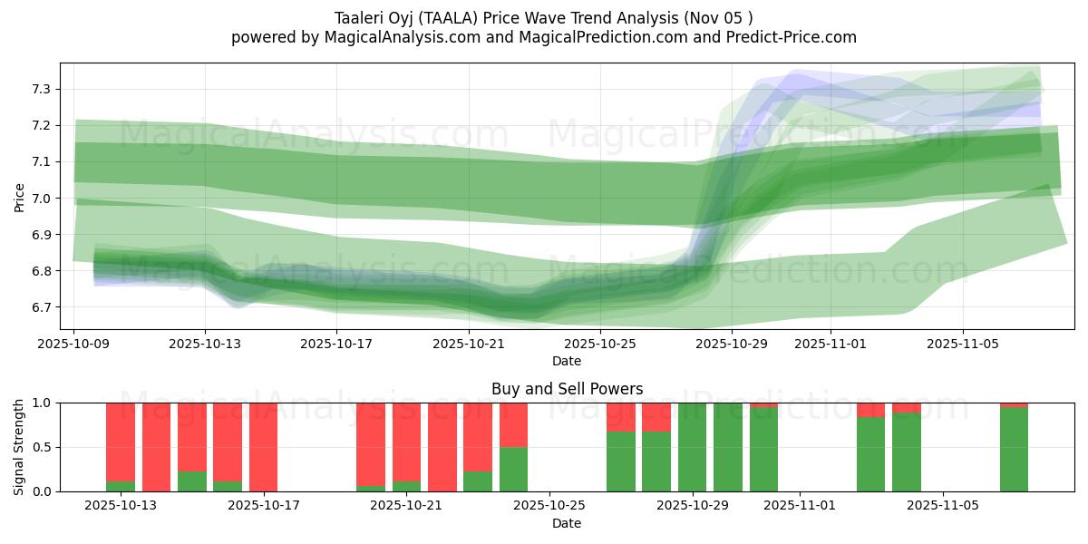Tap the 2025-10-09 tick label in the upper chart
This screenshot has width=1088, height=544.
pos(73,345)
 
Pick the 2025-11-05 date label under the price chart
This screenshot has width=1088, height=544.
pos(963,345)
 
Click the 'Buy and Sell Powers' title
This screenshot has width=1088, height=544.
pos(567,389)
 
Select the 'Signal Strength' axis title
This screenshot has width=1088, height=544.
pos(19,447)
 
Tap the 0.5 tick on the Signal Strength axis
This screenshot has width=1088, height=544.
pos(43,447)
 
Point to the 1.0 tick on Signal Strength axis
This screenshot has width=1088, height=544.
pos(43,403)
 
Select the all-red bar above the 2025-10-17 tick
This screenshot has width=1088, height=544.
pos(263,447)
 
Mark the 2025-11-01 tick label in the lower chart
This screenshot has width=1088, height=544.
pos(800,506)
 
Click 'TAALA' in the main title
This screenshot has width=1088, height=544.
pos(444,17)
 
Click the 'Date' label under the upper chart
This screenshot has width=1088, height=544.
pos(567,361)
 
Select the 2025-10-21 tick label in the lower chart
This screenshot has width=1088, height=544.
pos(407,506)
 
